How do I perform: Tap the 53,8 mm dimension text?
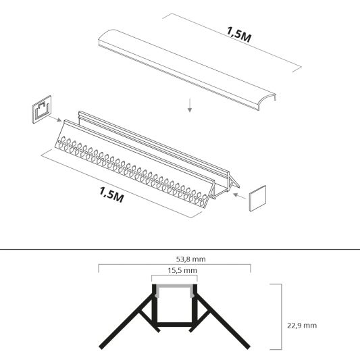point(174,257)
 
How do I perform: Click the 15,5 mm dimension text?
point(174,270)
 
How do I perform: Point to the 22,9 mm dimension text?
point(301,325)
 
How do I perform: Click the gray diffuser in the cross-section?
point(174,288)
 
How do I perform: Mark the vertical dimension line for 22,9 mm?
point(280,317)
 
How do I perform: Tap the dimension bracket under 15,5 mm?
point(174,276)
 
